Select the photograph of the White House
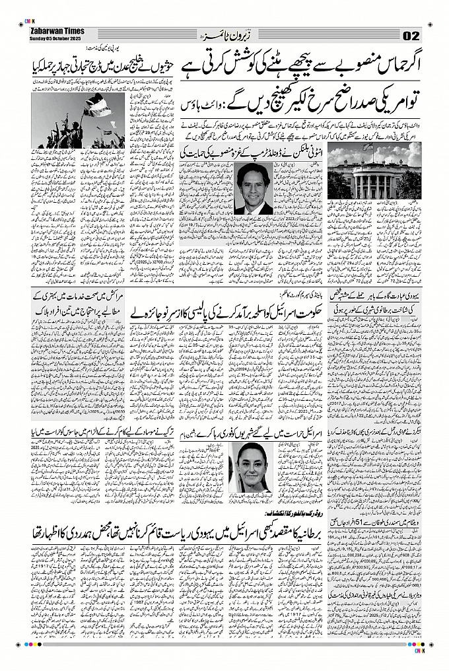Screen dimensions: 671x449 (374, 172)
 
